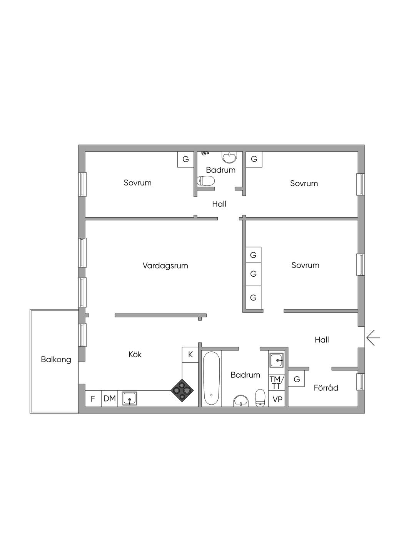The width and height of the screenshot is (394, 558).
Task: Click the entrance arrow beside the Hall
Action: [x=373, y=338]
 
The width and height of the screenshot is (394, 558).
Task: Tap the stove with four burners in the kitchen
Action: [x=182, y=391]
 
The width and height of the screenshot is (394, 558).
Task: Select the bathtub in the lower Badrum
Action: [x=212, y=378]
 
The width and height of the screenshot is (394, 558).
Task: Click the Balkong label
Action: [x=56, y=360]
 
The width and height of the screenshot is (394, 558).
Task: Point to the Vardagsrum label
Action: [x=165, y=266]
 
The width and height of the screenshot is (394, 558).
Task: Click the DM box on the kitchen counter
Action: [x=110, y=398]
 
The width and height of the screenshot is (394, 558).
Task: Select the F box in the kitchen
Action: [x=93, y=399]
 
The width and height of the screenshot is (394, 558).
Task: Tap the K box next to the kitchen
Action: [x=190, y=355]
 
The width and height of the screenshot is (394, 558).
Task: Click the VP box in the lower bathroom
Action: [x=277, y=399]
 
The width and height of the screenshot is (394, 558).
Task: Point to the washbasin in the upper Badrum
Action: [x=230, y=157]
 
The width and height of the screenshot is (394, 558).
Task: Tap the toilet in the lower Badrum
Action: [x=260, y=397]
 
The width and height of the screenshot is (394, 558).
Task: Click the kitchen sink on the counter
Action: [x=130, y=398]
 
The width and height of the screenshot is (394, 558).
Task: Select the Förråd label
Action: [x=326, y=388]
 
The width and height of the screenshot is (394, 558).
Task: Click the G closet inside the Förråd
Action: [x=297, y=379]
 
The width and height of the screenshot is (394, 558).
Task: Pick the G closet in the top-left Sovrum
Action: [x=185, y=159]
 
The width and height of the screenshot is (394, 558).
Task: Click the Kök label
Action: [x=135, y=354]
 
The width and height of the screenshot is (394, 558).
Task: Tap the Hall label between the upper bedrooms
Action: [x=219, y=204]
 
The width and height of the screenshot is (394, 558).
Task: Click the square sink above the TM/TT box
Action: [x=277, y=360]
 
